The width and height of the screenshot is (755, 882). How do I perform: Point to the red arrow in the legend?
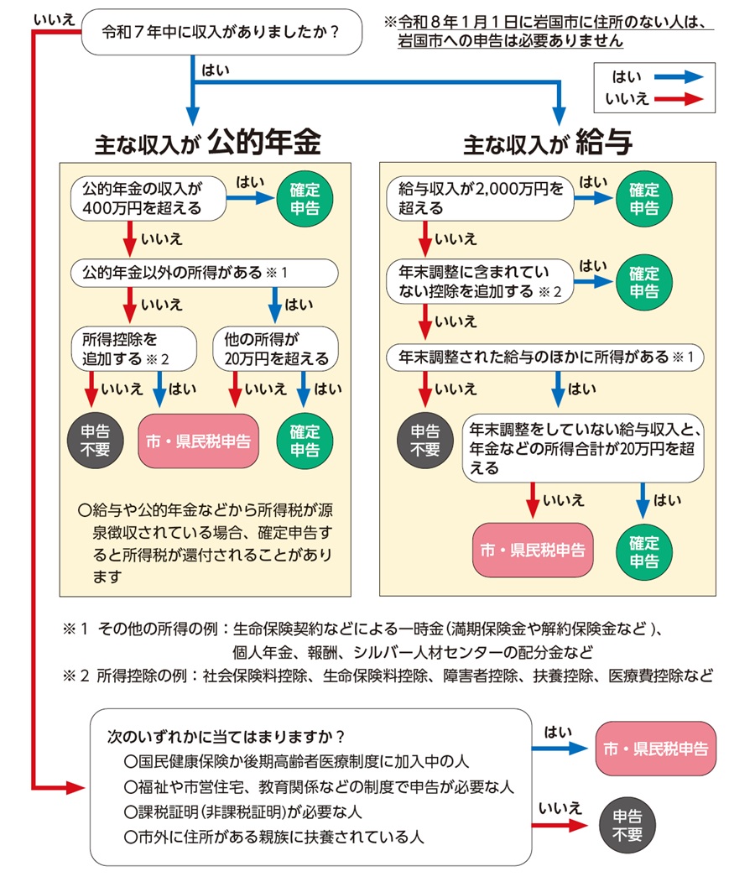681,98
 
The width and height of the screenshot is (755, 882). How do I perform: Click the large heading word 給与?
603,143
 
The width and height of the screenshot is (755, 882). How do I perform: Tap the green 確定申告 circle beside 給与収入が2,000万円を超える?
644,199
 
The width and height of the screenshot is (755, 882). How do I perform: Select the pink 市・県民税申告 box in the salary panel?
532,551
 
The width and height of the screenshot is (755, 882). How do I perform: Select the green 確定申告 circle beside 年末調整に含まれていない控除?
644,282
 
